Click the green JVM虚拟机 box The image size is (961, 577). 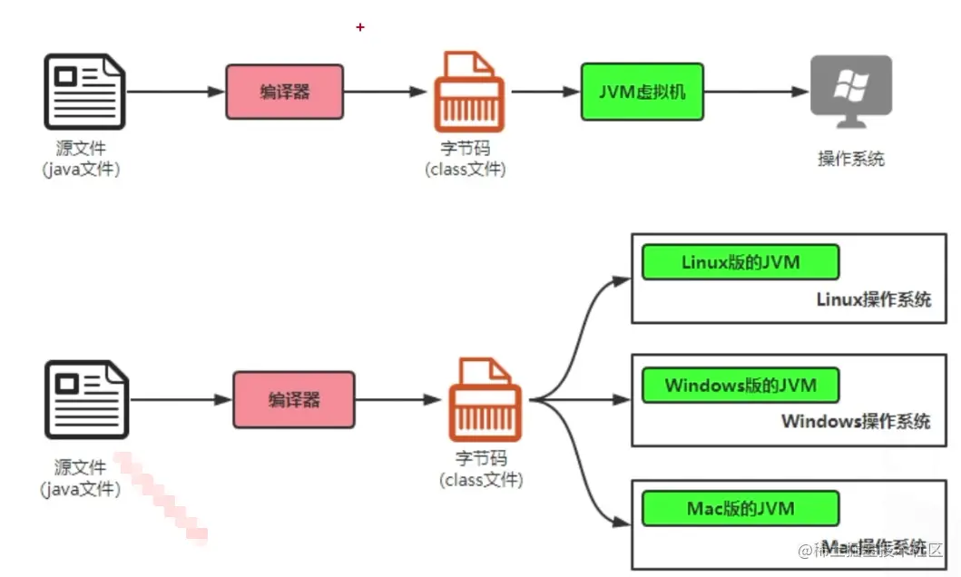pos(642,92)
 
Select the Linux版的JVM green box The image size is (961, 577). pos(740,262)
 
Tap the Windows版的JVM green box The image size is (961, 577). pos(740,385)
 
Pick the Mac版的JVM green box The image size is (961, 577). pos(740,508)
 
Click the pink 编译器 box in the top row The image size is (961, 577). pos(284,92)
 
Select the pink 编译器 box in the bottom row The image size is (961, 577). pos(294,399)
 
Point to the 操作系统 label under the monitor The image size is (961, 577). pos(850,159)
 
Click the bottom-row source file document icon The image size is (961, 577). pos(87,399)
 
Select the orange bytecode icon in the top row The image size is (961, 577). pos(467,92)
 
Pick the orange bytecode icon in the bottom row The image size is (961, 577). pos(485,399)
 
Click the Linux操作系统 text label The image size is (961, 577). pos(873,299)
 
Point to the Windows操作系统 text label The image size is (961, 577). pos(855,422)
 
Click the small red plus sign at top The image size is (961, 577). pos(360,27)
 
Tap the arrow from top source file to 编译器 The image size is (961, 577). pos(175,92)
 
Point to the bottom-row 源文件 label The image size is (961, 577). pos(80,468)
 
